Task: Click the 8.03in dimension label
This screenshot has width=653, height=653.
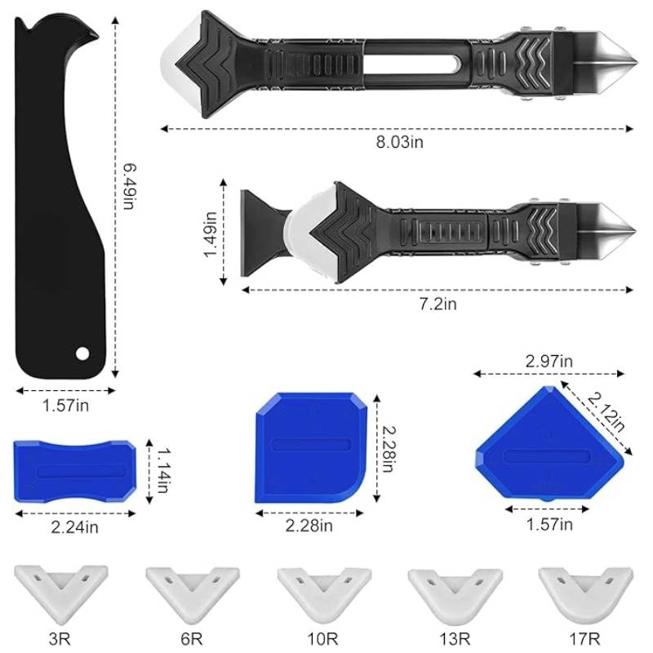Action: click(400, 142)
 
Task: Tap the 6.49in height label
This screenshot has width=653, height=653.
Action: click(130, 186)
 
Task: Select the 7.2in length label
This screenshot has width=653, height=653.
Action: click(438, 304)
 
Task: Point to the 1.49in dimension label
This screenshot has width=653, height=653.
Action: click(211, 234)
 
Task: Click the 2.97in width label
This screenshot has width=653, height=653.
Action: click(549, 361)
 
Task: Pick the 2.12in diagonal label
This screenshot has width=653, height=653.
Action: click(606, 412)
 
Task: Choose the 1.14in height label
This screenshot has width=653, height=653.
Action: click(162, 471)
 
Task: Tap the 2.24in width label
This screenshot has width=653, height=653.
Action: click(75, 527)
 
